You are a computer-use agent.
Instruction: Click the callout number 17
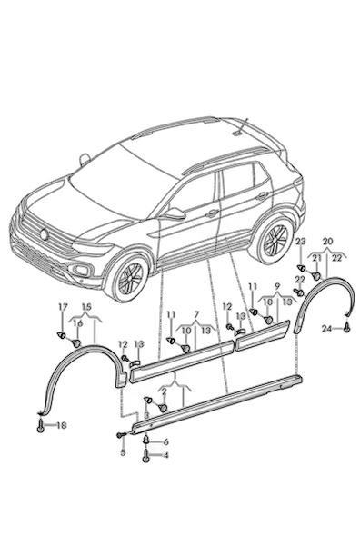coord(63,307)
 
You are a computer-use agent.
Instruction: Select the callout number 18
coord(61,425)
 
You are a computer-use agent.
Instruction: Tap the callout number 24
coord(326,329)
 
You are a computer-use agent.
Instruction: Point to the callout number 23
coord(301,242)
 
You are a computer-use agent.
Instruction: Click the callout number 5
coord(123,453)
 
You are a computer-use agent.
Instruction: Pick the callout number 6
coord(165,442)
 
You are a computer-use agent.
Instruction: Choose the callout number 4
coord(165,455)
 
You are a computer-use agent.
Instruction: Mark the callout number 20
coord(327,242)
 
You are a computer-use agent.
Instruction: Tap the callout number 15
coord(86,307)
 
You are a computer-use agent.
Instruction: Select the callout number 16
coord(78,323)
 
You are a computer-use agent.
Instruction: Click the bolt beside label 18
coord(41,425)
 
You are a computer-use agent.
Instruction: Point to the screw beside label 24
coord(347,327)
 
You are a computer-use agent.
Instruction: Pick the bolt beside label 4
coord(145,456)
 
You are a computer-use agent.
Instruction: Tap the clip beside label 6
coord(146,440)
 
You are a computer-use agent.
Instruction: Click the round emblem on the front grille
coord(45,234)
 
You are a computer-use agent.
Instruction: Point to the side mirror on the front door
coord(174,213)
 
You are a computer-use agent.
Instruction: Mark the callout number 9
coord(277,287)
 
